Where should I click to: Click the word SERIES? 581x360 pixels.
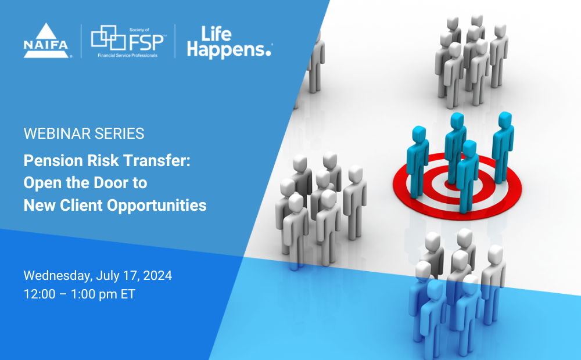tap(120, 134)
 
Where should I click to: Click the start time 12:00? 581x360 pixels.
tap(40, 294)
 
